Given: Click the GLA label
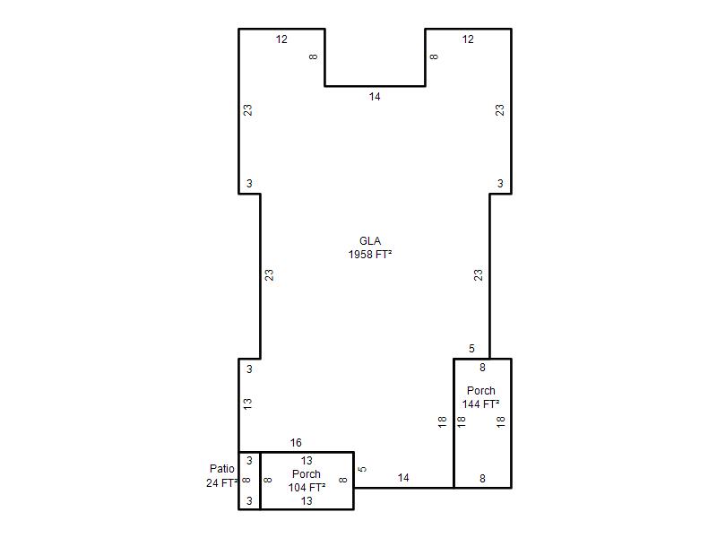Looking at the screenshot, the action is click(370, 241).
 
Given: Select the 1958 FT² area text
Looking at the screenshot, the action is click(370, 255).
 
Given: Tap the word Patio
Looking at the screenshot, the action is click(221, 468).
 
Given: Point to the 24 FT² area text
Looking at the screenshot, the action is click(221, 482).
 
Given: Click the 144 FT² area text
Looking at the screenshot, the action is click(480, 404).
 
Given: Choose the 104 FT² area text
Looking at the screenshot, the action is click(307, 488).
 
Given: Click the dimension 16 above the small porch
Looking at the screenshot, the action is click(296, 442).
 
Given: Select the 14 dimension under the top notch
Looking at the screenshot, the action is click(375, 97).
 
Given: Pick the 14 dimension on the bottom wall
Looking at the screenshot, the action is click(402, 478).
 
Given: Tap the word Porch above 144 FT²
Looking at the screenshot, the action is click(480, 391).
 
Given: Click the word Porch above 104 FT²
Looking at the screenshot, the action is click(307, 474).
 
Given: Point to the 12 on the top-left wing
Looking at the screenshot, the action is click(281, 39).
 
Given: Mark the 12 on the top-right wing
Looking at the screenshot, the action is click(467, 39).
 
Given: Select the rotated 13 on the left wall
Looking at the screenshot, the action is click(247, 404).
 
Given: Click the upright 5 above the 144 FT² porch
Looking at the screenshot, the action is click(471, 349).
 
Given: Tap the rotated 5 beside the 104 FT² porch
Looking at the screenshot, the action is click(362, 469).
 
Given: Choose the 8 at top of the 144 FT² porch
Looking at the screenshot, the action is click(482, 368).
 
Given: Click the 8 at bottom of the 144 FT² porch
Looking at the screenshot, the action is click(482, 479).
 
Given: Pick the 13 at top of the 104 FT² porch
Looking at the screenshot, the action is click(307, 461).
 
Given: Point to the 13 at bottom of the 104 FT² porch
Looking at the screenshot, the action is click(307, 501).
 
